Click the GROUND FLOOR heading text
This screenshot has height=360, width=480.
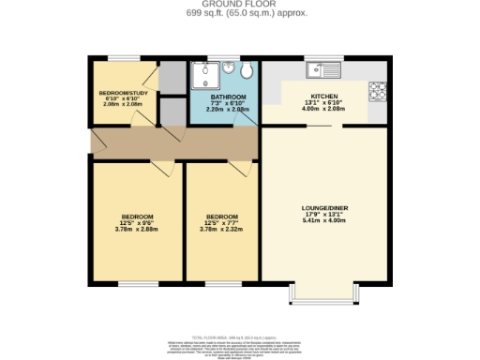[x=239, y=5]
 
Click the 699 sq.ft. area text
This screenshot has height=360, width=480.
[x=239, y=14]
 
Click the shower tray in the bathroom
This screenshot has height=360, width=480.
[x=204, y=75]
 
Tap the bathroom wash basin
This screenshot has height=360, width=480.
[x=226, y=70]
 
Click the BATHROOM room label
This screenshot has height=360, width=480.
[x=228, y=97]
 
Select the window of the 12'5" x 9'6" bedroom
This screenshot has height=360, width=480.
[x=138, y=281]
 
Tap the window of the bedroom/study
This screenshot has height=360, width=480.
[x=122, y=59]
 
